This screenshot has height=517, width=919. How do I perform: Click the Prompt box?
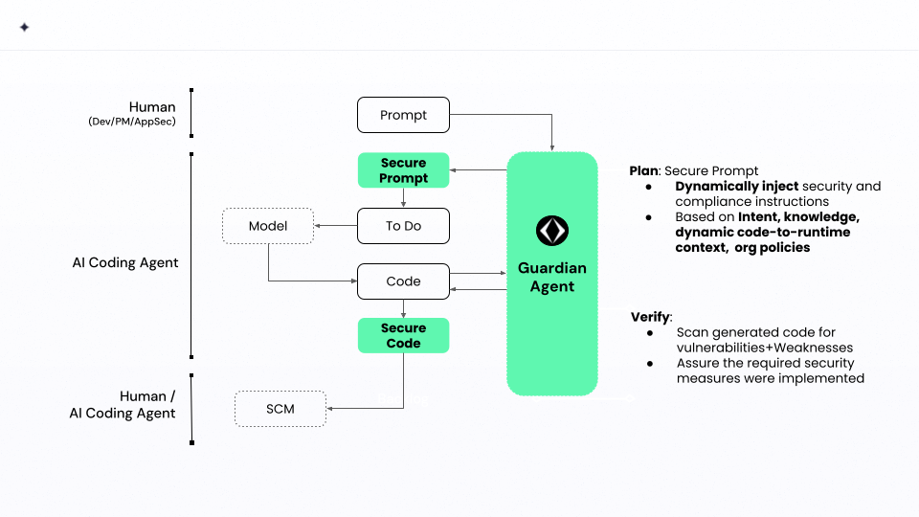tap(403, 115)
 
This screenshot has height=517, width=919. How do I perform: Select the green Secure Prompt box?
tap(403, 170)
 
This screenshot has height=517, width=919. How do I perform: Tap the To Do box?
tap(403, 226)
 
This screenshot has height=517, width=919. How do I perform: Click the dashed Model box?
tap(268, 226)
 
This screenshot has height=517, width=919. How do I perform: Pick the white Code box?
tap(403, 281)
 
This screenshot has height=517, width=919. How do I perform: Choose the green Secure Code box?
tap(403, 335)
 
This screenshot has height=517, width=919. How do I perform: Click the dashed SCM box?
tap(280, 409)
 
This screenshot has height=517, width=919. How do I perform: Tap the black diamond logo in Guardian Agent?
tap(552, 231)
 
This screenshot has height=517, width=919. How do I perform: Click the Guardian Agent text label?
tap(552, 277)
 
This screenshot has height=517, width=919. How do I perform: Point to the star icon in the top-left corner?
tap(24, 28)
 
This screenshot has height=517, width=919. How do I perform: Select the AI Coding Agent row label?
tap(125, 262)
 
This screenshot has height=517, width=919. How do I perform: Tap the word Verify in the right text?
tap(650, 317)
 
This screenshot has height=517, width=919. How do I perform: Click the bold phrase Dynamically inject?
tap(737, 186)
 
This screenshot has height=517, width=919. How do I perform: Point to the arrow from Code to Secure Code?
tap(403, 308)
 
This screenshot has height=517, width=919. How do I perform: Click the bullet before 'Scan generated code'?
tap(651, 332)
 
